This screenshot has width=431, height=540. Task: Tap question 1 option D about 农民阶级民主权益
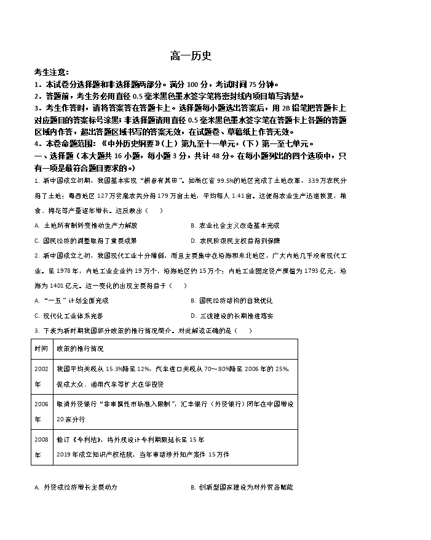click(x=235, y=241)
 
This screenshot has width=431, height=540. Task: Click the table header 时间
click(x=41, y=348)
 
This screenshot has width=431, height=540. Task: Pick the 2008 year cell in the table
click(x=41, y=446)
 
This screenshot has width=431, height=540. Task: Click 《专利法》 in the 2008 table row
click(x=85, y=440)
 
